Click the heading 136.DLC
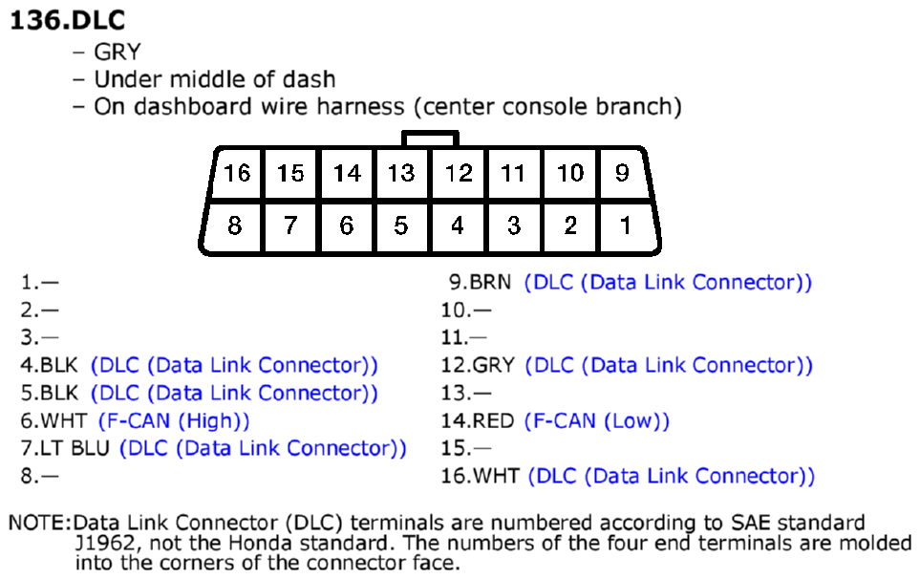[68, 20]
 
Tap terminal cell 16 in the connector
[237, 173]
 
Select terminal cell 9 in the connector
[624, 173]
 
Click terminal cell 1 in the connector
[628, 226]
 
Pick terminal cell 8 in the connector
[233, 226]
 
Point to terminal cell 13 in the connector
[402, 173]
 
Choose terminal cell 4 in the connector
[458, 226]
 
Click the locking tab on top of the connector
[430, 139]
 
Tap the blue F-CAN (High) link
[174, 420]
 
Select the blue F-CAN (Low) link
[597, 420]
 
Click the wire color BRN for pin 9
[490, 282]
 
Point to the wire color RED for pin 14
[494, 420]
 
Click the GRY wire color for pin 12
[494, 366]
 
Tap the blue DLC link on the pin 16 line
[672, 476]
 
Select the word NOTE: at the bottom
[39, 523]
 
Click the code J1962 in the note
[106, 544]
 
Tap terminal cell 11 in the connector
[513, 173]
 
